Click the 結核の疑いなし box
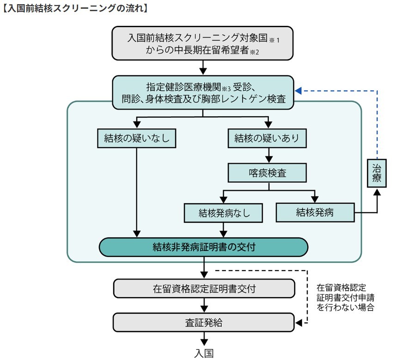pos(137,138)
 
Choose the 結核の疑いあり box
pos(267,138)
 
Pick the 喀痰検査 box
pos(267,173)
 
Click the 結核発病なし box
pos(224,213)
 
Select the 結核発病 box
pos(315,212)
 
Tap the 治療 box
pos(377,172)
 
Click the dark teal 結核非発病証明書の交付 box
pos(203,247)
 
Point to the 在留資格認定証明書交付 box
pos(203,289)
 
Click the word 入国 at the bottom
pos(204,353)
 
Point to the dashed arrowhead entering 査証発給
pos(299,323)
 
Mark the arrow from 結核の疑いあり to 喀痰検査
pos(267,155)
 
